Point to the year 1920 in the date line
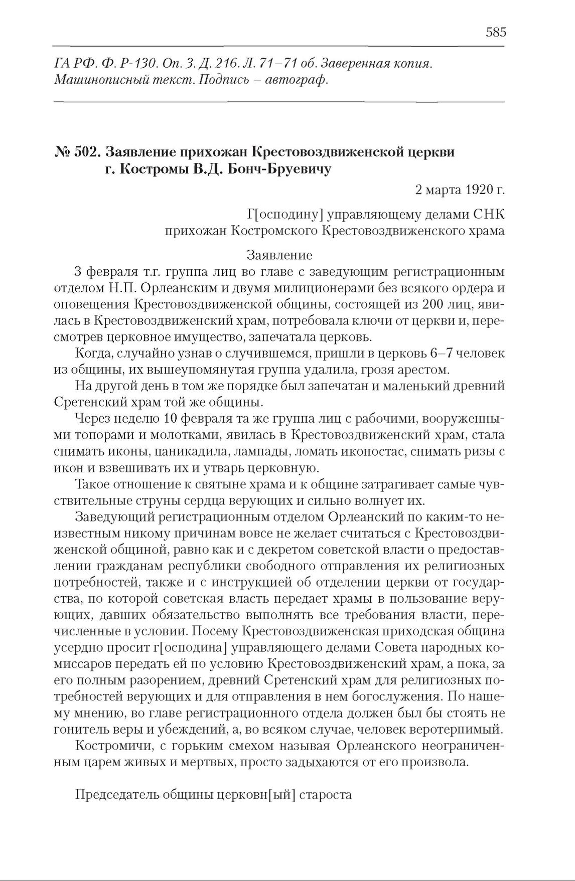477,191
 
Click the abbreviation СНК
489,215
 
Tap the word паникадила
194,452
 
